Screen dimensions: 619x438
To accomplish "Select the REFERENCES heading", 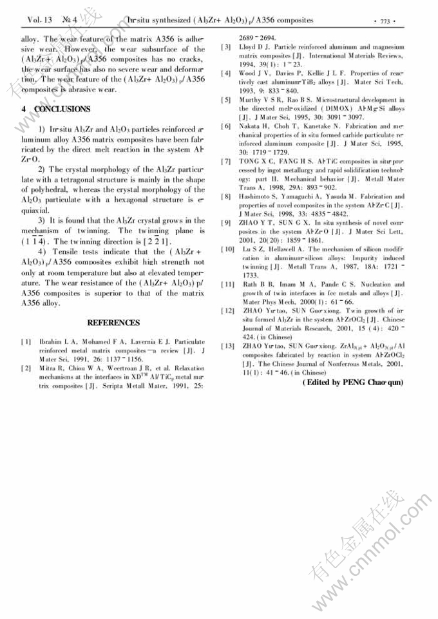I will coord(113,323).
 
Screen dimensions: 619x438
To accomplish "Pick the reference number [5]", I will coord(226,100).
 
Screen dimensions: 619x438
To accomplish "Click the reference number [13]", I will coord(227,347).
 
